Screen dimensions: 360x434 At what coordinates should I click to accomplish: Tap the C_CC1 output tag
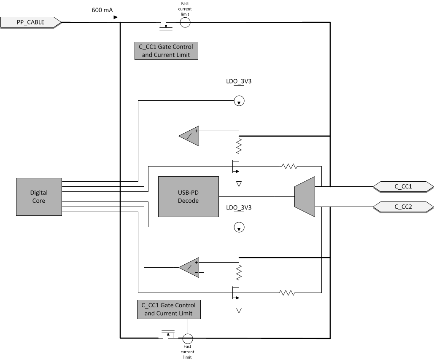[403, 186]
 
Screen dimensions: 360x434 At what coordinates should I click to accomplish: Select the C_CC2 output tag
[403, 207]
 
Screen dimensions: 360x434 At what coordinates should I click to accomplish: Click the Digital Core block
[39, 197]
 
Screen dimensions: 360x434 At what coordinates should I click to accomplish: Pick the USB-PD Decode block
[189, 197]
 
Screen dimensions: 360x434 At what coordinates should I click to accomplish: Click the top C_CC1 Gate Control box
[166, 51]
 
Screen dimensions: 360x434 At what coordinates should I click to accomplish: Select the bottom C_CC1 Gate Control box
[169, 309]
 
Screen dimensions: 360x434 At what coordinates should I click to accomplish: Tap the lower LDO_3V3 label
[239, 207]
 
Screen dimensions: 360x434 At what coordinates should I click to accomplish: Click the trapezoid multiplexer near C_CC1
[305, 196]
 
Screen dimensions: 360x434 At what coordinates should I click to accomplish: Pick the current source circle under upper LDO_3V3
[239, 101]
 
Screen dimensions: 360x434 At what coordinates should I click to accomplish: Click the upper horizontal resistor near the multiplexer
[290, 167]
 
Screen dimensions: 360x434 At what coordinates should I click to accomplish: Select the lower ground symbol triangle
[239, 311]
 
